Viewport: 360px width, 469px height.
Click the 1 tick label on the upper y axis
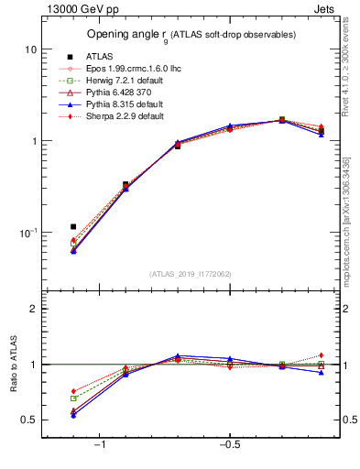coord(32,141)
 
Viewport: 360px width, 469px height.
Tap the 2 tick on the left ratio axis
coord(32,309)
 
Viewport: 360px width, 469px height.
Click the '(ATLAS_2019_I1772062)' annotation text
coord(191,273)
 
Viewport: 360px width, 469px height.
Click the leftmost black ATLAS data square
coord(73,226)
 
